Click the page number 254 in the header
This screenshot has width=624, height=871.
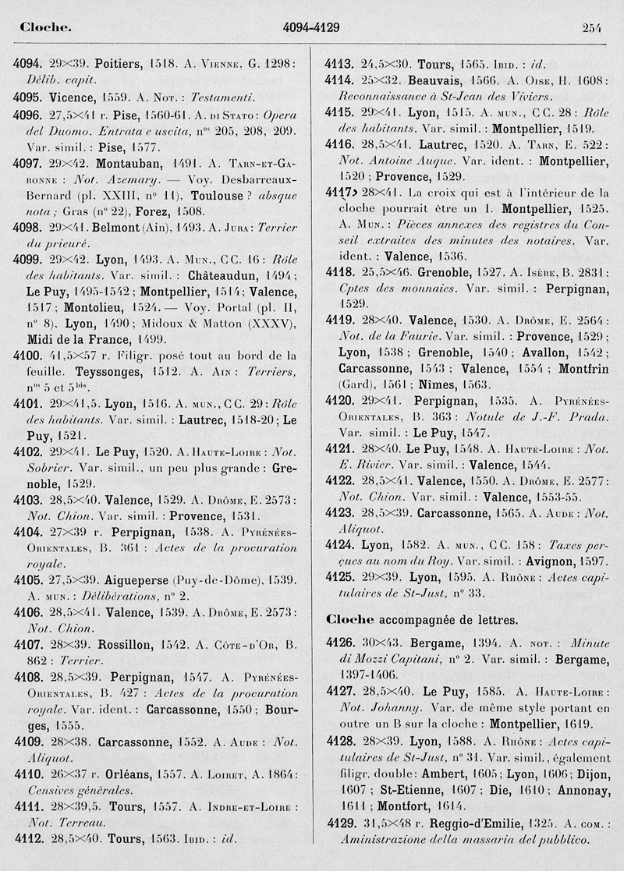point(591,28)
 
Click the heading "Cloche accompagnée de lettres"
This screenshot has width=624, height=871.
point(421,619)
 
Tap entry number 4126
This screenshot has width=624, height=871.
point(340,644)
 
